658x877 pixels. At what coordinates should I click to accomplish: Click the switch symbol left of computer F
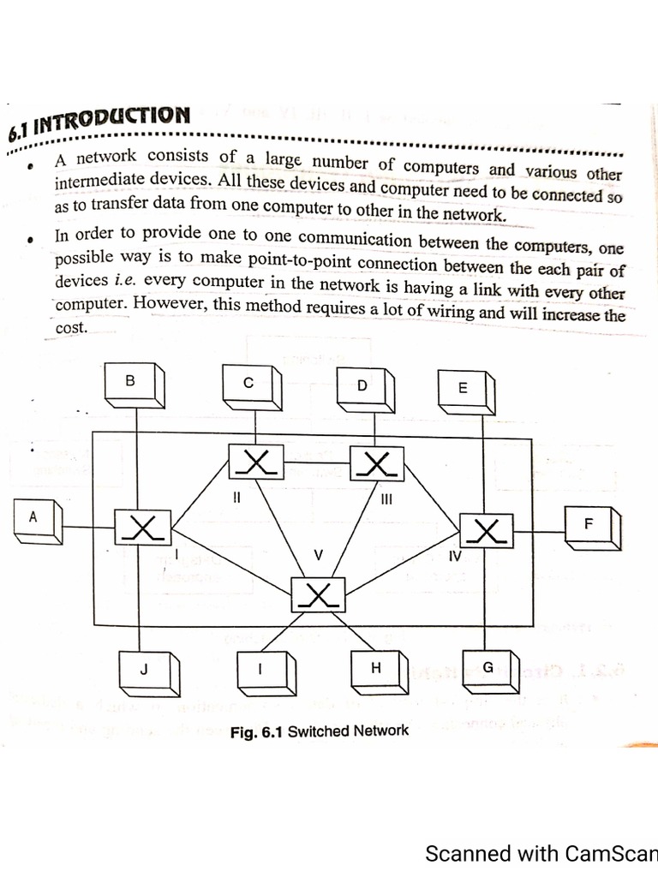tap(486, 530)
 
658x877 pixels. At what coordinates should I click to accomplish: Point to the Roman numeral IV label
tap(455, 556)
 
